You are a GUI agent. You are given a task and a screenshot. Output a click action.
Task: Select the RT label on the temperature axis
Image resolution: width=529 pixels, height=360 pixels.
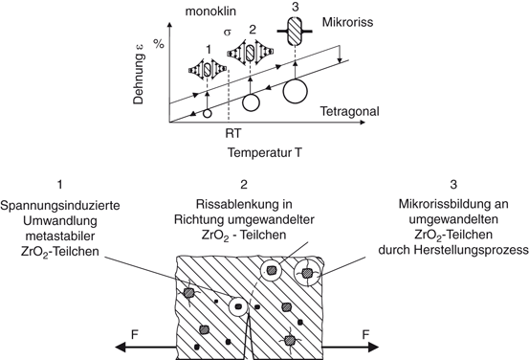[233, 131]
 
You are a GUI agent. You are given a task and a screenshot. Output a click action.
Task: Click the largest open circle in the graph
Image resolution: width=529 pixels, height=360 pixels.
[296, 92]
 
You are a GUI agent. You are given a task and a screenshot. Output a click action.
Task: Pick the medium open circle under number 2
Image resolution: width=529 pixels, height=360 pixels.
[251, 101]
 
